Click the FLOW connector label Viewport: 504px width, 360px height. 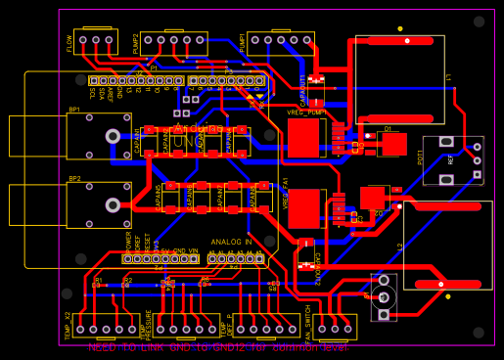[x=69, y=44]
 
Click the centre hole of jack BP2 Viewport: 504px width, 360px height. [x=114, y=204]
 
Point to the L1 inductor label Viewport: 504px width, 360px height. [x=448, y=77]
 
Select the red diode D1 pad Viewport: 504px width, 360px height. [x=393, y=145]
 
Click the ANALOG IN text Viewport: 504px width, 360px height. [x=231, y=241]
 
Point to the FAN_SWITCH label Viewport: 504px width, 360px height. [x=308, y=323]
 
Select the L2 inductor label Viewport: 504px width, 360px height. [x=401, y=247]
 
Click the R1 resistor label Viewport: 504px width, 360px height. [x=97, y=280]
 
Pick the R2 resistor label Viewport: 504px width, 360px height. [x=127, y=280]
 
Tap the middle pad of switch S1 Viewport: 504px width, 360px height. [x=386, y=295]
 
